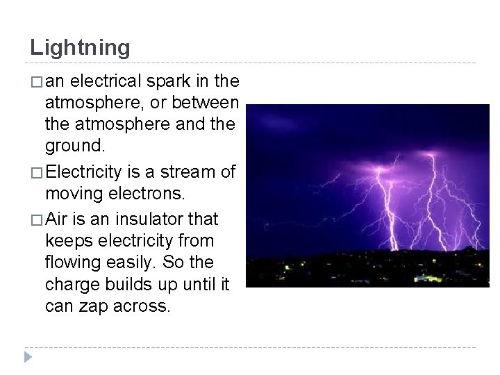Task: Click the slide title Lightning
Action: point(80,47)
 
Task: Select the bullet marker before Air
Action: point(35,220)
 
